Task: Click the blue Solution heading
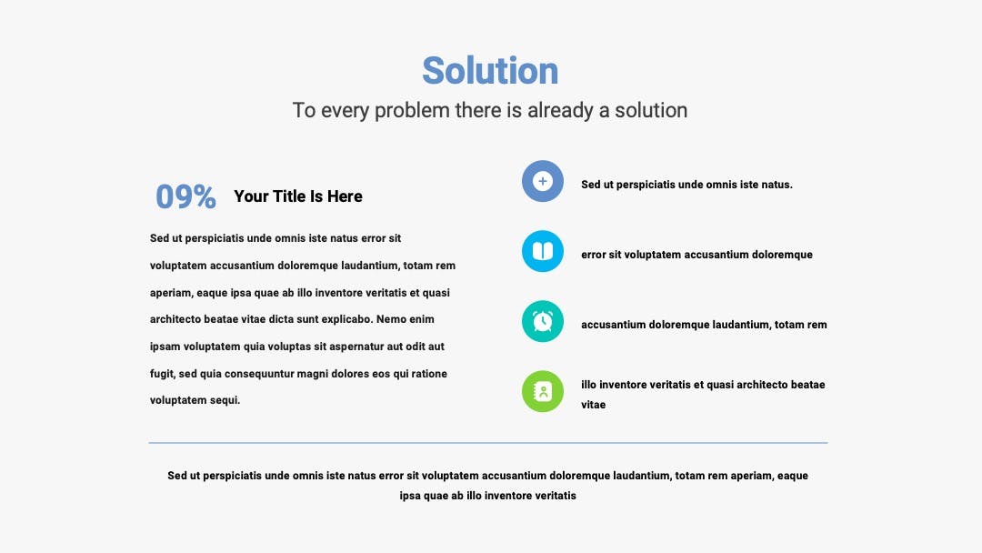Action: tap(490, 70)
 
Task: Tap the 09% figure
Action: tap(186, 196)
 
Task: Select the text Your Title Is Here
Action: tap(298, 196)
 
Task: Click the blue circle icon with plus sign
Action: tap(543, 181)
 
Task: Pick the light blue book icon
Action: tap(543, 251)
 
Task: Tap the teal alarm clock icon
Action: tap(543, 321)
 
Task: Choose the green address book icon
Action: tap(543, 391)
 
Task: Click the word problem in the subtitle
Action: tap(412, 111)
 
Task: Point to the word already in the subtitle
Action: tap(560, 111)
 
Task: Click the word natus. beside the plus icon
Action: tap(777, 185)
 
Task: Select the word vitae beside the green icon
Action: tap(593, 405)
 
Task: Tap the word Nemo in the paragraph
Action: tap(391, 319)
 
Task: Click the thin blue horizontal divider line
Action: tap(488, 443)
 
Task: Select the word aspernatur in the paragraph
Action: tap(358, 347)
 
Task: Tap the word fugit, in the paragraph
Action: tap(163, 374)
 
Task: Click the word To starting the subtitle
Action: tap(304, 110)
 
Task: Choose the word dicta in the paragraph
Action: tap(281, 319)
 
